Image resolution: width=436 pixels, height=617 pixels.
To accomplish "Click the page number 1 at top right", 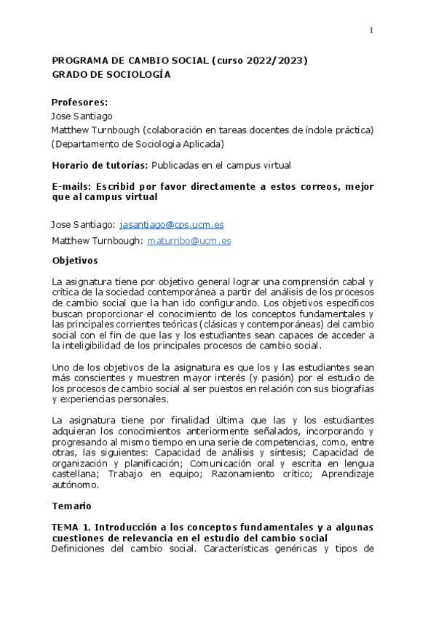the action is [x=371, y=30].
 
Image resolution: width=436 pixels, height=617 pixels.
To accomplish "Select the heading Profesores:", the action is [x=80, y=102].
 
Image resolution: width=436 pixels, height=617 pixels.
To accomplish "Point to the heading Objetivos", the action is [x=75, y=260].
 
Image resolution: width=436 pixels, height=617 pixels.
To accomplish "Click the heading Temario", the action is [x=71, y=504].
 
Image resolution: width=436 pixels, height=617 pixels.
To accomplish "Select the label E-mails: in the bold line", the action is [x=71, y=187].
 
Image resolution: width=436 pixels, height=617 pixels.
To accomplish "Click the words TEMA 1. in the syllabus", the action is [x=71, y=526].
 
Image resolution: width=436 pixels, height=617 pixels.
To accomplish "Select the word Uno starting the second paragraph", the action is [x=61, y=368].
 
